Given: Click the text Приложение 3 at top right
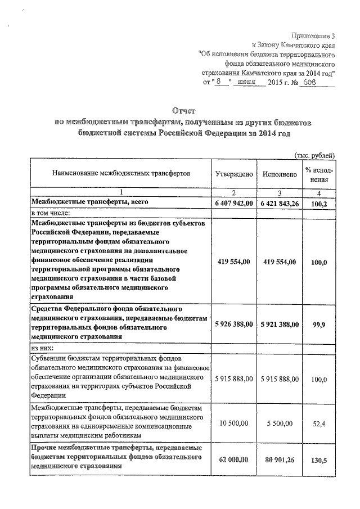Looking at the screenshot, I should point(312,35).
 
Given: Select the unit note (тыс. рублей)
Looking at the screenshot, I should point(315,155).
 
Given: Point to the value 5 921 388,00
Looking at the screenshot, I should point(280,325).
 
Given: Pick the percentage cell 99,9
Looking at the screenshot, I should point(319,325).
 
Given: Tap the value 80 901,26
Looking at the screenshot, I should point(280,460).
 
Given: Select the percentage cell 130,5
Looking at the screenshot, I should point(319,460).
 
